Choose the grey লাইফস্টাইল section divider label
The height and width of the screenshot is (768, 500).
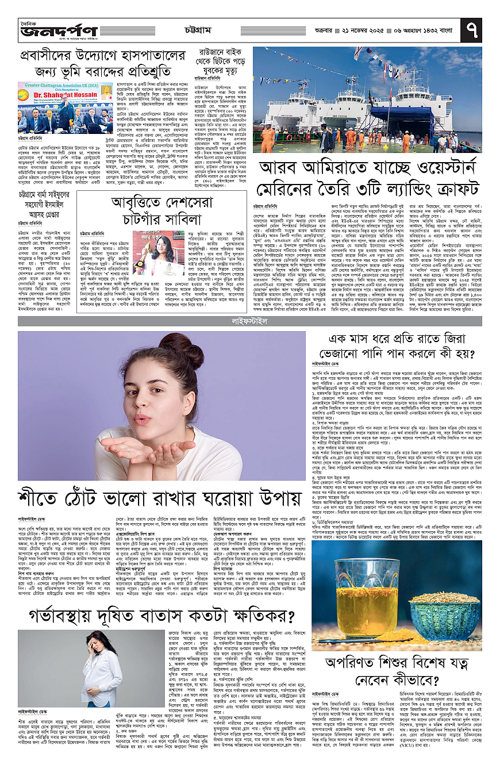[x=249, y=318]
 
